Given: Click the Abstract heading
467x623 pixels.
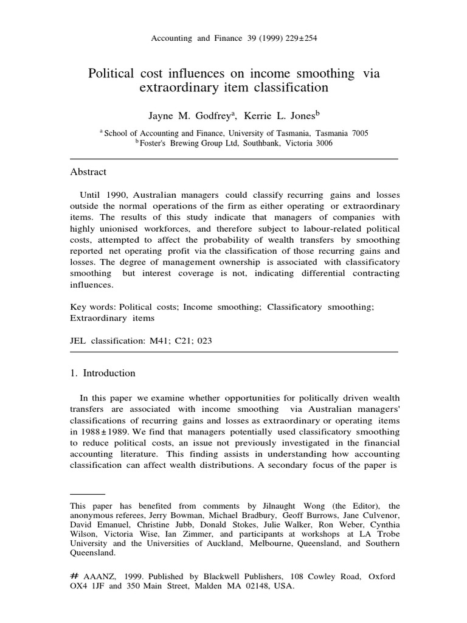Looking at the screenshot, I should (88, 172).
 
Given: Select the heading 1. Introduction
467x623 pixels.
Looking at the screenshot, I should (103, 373).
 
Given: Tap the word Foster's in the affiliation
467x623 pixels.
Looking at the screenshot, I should (154, 144).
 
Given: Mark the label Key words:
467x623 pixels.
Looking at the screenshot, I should (93, 307).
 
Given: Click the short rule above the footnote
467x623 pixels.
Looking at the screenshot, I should (88, 495).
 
